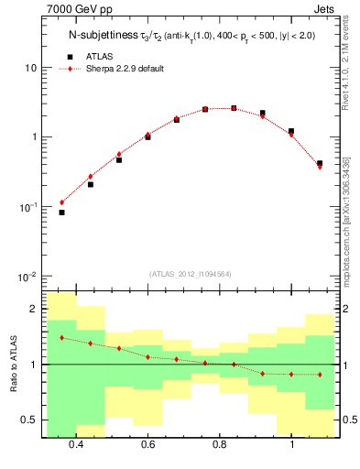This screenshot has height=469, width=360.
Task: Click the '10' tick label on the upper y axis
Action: (28, 69)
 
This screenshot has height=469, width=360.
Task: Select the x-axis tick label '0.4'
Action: (76, 444)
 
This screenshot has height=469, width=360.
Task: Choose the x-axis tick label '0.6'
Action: (147, 444)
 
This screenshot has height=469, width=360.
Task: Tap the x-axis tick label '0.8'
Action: (220, 444)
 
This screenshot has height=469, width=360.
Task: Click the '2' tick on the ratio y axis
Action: (32, 310)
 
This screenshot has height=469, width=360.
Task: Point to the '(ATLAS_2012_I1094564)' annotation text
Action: (189, 274)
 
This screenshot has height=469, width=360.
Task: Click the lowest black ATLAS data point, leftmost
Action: (61, 213)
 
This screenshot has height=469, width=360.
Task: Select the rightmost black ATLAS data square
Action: (320, 163)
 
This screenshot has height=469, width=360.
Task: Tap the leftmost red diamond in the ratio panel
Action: (61, 338)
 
